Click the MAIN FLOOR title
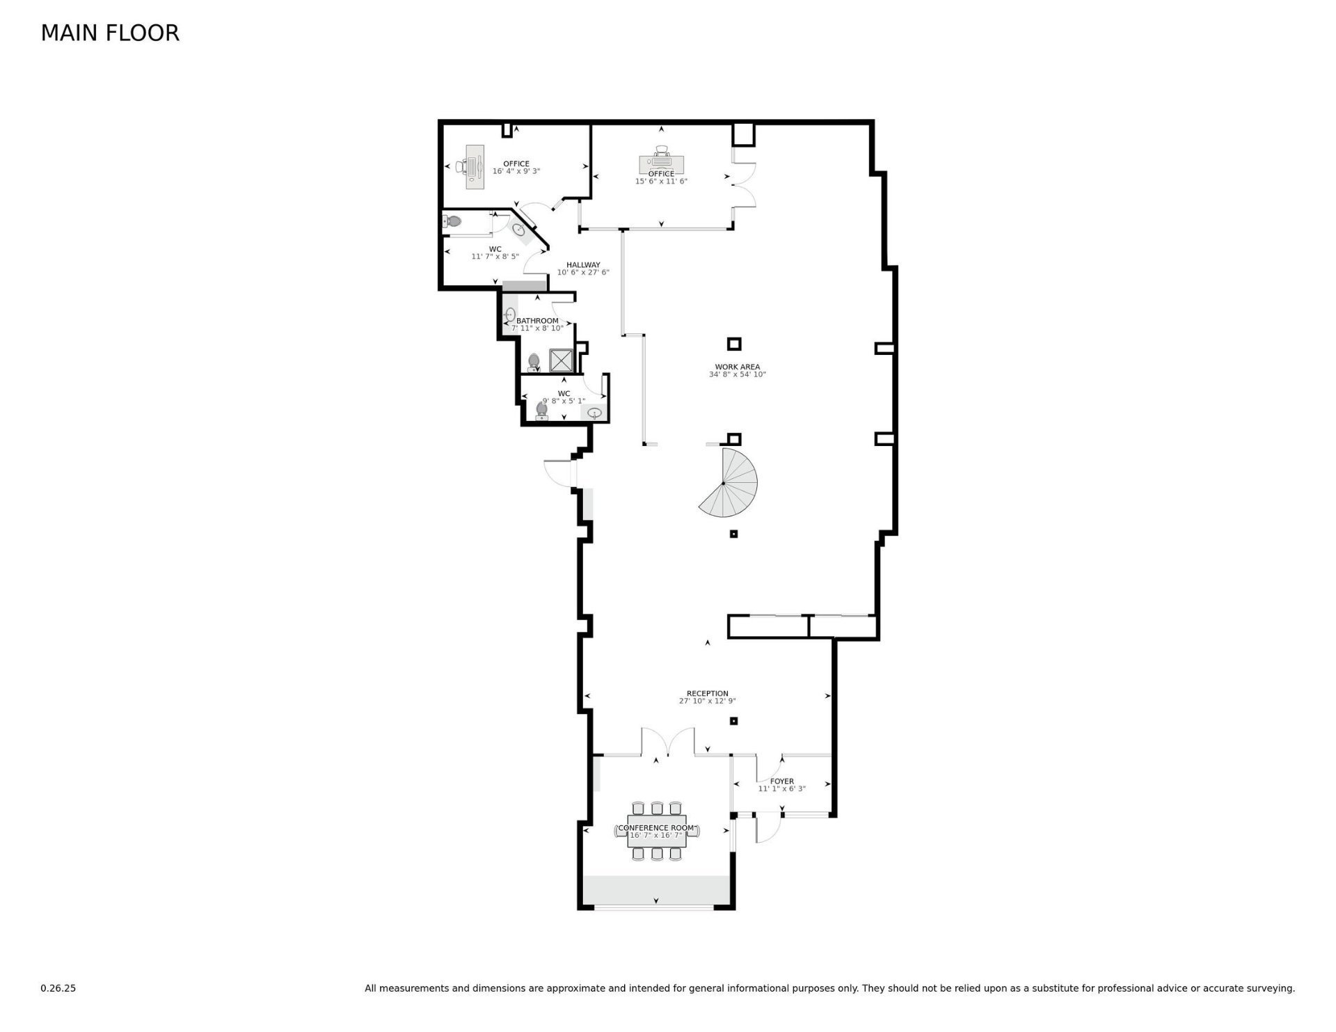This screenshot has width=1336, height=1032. click(x=110, y=33)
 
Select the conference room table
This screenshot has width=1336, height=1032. click(x=657, y=830)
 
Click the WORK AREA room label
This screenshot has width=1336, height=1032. click(x=738, y=367)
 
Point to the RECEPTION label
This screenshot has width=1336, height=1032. click(x=708, y=694)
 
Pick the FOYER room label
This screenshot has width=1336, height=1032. click(x=782, y=781)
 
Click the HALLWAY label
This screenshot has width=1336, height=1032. click(x=583, y=265)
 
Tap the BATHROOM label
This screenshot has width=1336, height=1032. click(x=537, y=321)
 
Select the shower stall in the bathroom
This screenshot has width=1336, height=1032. click(x=561, y=360)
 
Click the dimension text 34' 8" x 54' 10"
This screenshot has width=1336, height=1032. click(x=738, y=374)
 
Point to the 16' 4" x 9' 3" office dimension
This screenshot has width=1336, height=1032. click(x=516, y=171)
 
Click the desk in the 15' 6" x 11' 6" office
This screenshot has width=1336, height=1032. click(x=662, y=164)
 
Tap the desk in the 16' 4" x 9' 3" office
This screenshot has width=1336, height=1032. click(x=475, y=167)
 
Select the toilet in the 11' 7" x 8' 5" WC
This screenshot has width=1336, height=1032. click(x=452, y=222)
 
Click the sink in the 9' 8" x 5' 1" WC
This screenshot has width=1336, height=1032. click(x=594, y=413)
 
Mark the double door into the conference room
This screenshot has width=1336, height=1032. click(x=668, y=742)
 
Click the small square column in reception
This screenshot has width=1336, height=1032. click(x=733, y=721)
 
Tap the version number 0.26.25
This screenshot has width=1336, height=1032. click(x=58, y=988)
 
